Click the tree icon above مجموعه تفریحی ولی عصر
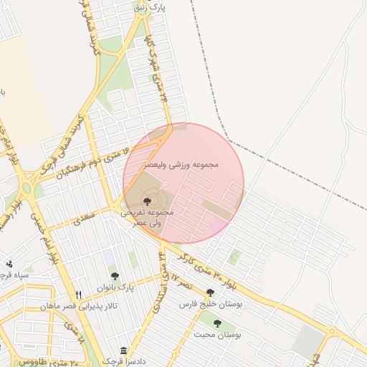(x=148, y=201)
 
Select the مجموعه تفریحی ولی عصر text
(x=148, y=218)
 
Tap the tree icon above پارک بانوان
(x=114, y=276)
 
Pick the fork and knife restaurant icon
(x=79, y=295)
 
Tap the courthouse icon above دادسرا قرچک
(x=124, y=351)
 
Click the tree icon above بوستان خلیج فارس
(x=210, y=292)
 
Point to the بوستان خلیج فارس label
(x=211, y=305)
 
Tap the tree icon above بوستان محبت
(x=217, y=323)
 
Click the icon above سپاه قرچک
(x=9, y=264)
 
